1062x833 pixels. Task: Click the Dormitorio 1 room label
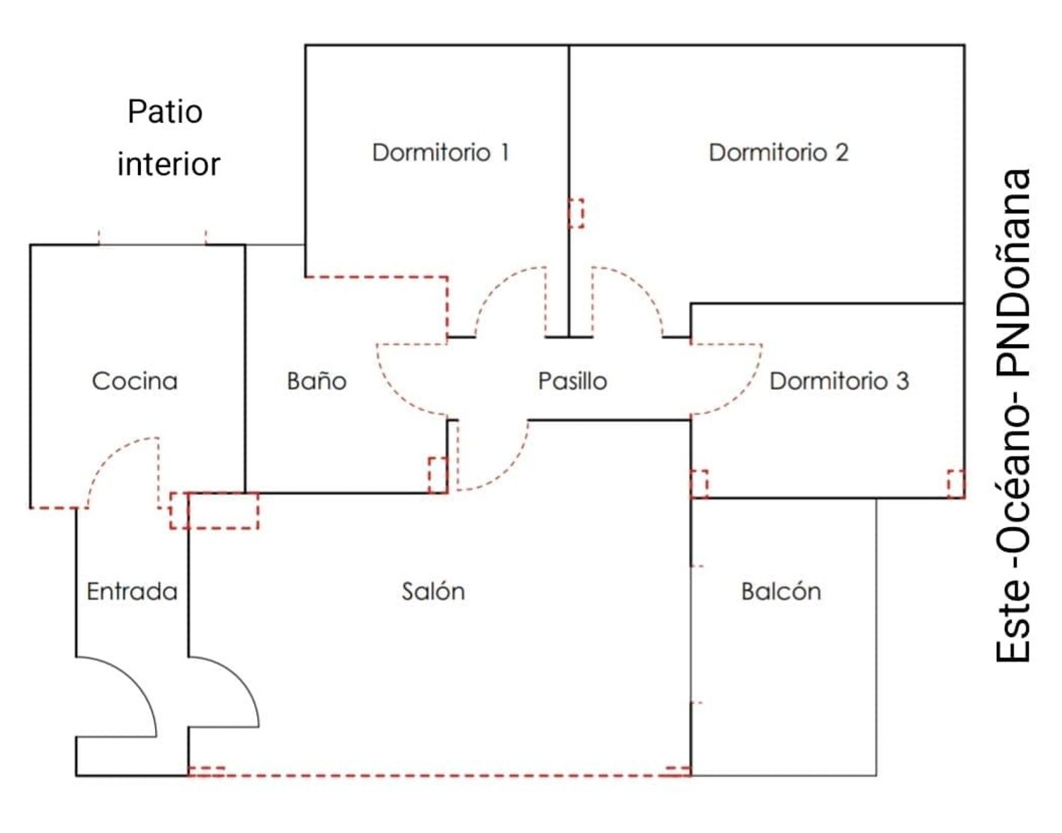tap(441, 152)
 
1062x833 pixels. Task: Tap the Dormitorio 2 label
tap(779, 152)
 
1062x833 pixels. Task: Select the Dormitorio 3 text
tap(839, 381)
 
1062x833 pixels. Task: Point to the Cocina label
tap(135, 381)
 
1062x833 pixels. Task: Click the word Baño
tap(316, 381)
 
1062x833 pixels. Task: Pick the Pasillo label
tap(572, 381)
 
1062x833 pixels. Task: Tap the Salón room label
tap(433, 591)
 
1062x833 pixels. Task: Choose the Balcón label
tap(781, 591)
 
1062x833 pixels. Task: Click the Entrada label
tap(132, 592)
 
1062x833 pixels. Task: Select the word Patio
tap(165, 112)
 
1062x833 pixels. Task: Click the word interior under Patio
tap(169, 164)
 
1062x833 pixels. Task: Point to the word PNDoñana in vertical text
tap(1013, 272)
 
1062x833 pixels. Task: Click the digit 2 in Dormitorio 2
tap(841, 152)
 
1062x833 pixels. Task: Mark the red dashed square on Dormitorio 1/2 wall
tap(576, 213)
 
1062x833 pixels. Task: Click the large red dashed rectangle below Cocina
tap(214, 510)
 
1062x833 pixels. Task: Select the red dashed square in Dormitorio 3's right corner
tap(956, 484)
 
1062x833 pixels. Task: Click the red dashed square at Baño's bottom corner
tap(438, 476)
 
